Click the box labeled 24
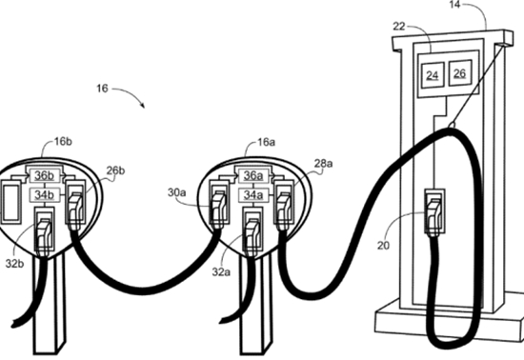433,75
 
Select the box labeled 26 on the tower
460,72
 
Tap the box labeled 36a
253,175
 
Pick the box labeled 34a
253,195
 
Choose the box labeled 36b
45,175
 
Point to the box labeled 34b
45,195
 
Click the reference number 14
454,5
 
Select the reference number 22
398,26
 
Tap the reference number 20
383,246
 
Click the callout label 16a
267,142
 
